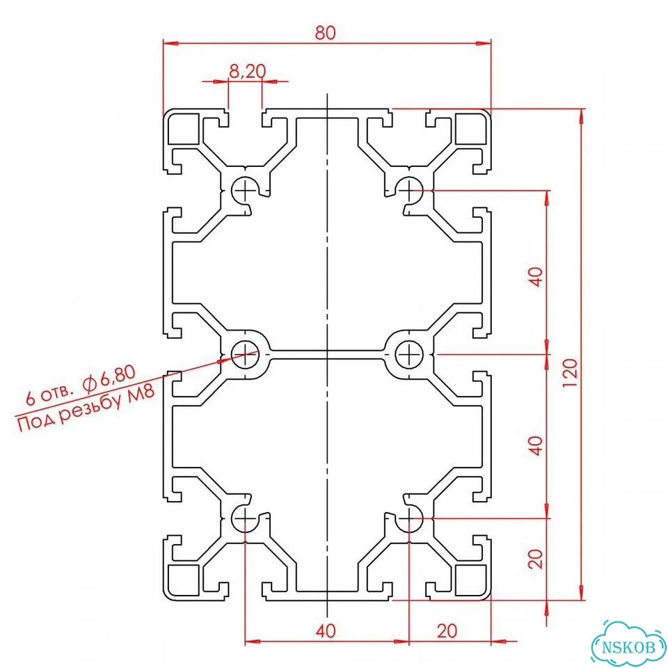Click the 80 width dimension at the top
325,33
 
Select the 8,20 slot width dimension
247,71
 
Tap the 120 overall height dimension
570,372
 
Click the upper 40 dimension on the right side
536,277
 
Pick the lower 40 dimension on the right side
536,445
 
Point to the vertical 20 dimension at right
536,559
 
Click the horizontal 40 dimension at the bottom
326,631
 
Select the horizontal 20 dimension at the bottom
447,631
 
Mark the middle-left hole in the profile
246,353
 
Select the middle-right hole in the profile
408,353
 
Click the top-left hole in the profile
246,190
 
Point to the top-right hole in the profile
408,190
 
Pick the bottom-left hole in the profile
246,518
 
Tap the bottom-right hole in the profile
408,518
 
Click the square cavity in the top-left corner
184,129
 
